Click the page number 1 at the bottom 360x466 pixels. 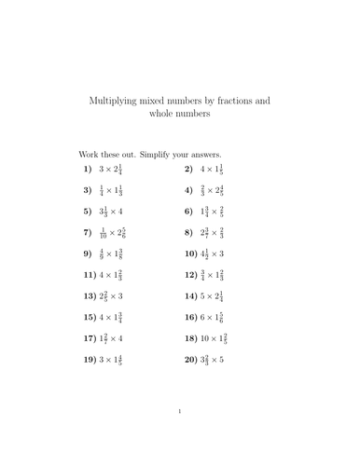[x=180, y=436]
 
